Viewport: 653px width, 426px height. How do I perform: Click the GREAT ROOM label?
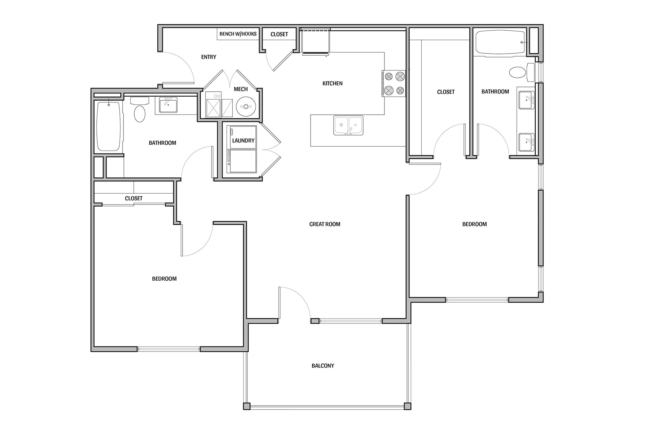tap(324, 224)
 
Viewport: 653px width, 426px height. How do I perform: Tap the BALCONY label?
tap(323, 366)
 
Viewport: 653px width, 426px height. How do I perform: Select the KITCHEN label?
tap(332, 83)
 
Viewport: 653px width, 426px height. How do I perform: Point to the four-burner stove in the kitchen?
tap(393, 84)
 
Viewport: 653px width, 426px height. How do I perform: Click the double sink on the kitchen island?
tap(348, 125)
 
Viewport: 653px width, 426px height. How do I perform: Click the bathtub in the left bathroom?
tap(109, 126)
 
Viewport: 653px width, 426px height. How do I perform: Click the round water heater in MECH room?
tap(246, 106)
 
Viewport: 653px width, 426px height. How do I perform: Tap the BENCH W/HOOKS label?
tap(238, 34)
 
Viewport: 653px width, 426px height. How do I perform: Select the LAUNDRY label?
tap(243, 140)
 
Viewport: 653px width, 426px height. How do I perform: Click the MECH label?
tap(241, 89)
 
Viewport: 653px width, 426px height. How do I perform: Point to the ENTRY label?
tap(208, 57)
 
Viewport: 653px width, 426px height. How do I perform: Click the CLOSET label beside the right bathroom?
tap(445, 92)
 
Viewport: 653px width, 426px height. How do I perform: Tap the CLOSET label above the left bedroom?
tap(134, 198)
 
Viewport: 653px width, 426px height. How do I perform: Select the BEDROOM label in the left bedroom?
tap(164, 279)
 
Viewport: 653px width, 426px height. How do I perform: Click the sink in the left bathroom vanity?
tap(168, 105)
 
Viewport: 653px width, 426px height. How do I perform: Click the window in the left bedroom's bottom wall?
tap(169, 349)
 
